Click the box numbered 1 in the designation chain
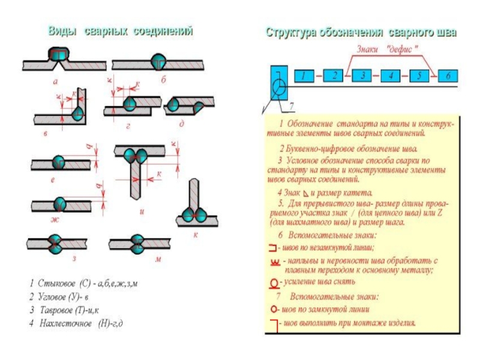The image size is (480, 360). pos(304,76)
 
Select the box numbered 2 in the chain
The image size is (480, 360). pos(333,76)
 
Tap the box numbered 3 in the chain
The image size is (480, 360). pos(362,76)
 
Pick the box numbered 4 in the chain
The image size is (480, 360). pos(391,76)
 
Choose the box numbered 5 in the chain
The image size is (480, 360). pos(419,76)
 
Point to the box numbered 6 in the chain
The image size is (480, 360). pos(448,76)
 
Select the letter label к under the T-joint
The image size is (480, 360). pos(196,235)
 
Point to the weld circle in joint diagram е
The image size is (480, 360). pos(59,162)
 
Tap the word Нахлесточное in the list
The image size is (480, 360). pos(66,324)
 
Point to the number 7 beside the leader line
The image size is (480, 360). pos(292,106)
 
